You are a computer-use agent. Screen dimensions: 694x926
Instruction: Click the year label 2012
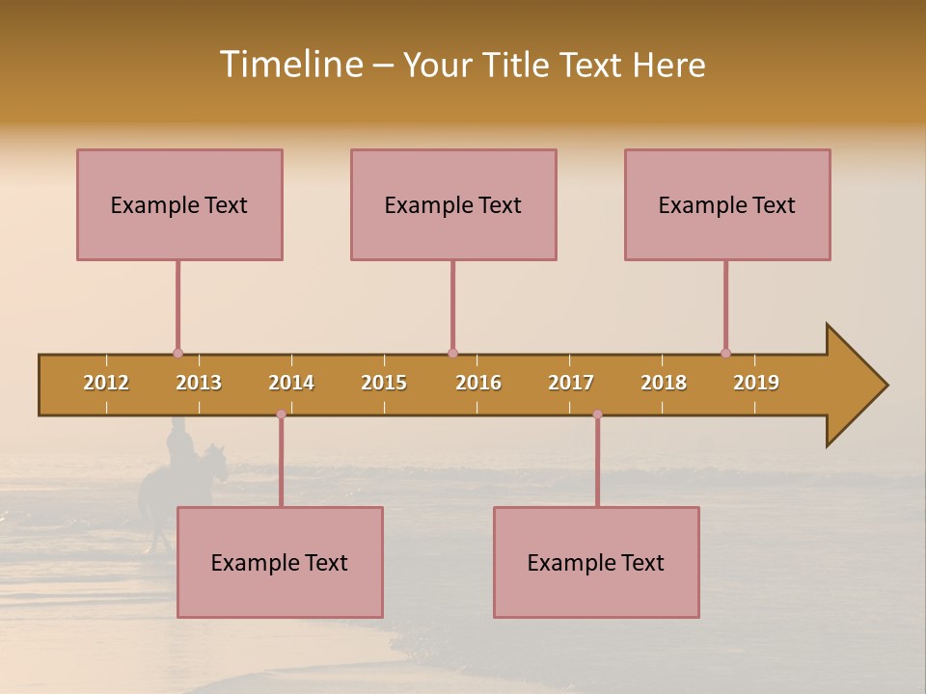point(106,383)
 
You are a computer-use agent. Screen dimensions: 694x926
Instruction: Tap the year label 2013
point(199,383)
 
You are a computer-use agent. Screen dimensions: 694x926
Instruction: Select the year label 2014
point(291,383)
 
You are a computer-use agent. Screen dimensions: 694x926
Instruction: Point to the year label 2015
point(384,383)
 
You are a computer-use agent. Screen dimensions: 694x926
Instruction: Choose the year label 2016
point(478,383)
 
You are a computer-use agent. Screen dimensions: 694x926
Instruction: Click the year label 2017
point(571,383)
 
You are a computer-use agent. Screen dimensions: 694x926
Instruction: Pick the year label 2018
point(664,383)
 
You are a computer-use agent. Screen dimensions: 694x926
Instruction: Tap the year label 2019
point(756,383)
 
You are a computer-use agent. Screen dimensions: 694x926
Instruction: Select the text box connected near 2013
point(179,204)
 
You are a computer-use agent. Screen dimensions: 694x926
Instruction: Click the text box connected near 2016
point(453,204)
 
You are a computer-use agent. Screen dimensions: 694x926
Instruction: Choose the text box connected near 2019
point(727,204)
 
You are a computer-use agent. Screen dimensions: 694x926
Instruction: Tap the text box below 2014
point(280,562)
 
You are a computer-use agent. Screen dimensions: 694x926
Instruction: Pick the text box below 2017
point(596,562)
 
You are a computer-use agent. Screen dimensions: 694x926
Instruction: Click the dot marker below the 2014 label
point(281,414)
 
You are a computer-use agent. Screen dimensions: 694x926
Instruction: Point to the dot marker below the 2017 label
point(597,414)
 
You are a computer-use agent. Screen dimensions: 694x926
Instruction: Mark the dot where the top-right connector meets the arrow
point(725,353)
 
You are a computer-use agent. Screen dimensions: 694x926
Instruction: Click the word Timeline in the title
point(290,65)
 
